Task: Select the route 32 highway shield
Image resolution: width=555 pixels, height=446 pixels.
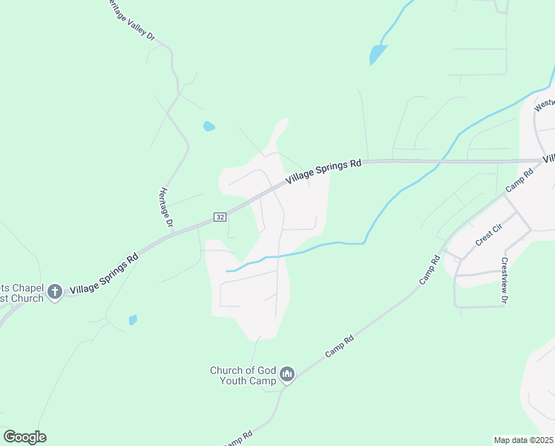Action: [220, 216]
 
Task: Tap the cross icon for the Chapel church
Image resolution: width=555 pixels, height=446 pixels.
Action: [54, 292]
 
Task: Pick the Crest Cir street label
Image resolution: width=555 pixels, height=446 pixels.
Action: [490, 237]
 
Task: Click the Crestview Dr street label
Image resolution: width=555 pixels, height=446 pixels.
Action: [504, 280]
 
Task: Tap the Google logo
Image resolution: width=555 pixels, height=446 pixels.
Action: [24, 437]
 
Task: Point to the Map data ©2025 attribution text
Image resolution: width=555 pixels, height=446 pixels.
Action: [523, 440]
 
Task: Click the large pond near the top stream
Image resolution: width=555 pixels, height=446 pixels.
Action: [378, 54]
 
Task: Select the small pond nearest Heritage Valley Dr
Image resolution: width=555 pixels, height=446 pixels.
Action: [208, 126]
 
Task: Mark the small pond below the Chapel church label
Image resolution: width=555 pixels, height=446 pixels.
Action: [133, 320]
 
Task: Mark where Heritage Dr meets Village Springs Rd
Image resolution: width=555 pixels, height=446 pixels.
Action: [173, 230]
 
